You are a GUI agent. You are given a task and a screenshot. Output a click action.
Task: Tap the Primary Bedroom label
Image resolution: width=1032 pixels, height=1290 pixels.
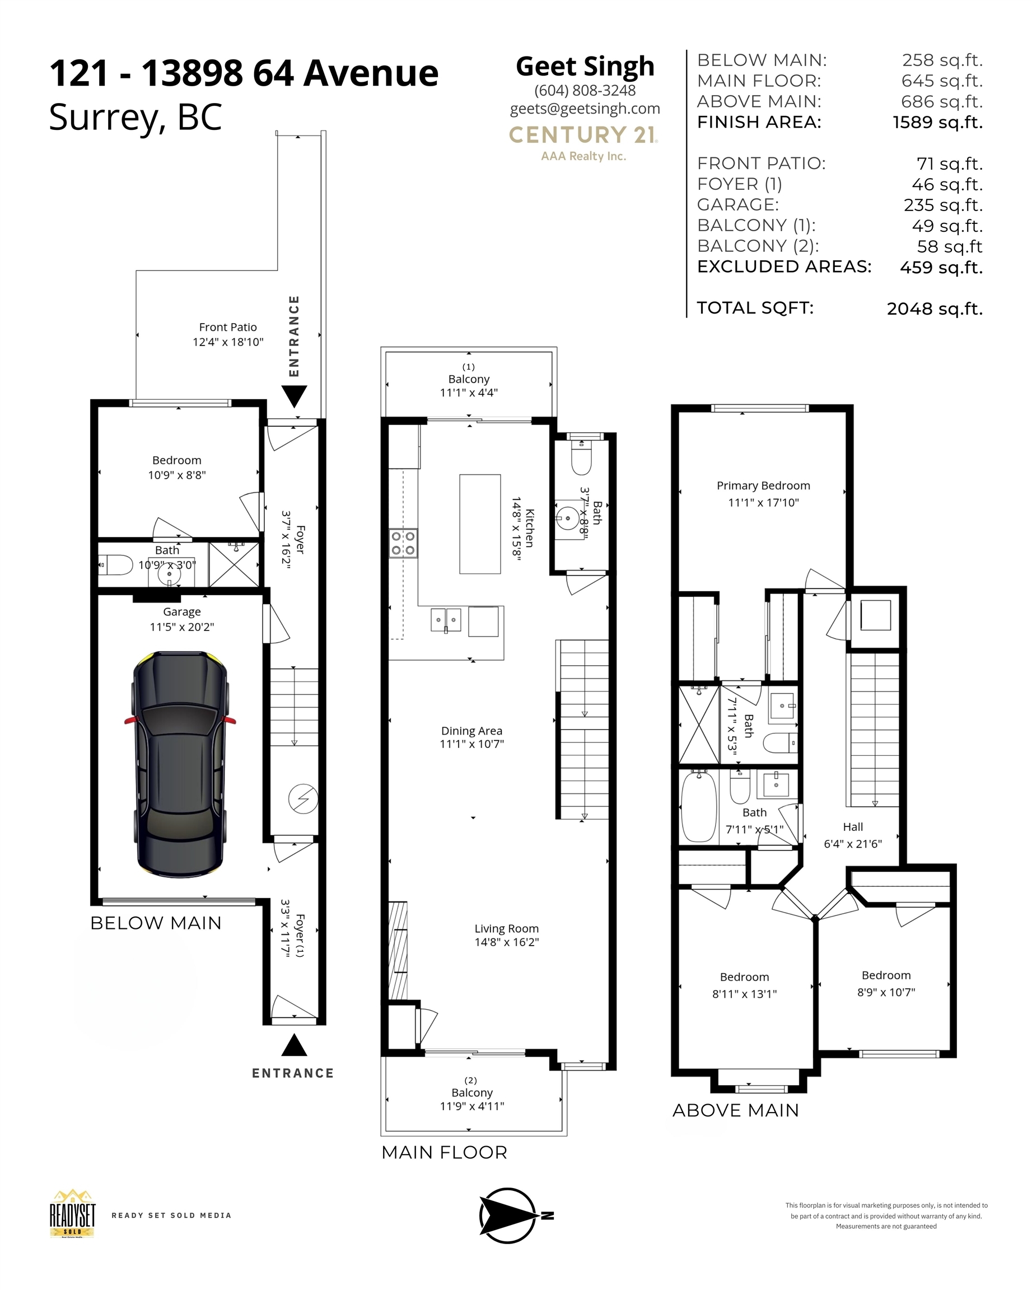[763, 486]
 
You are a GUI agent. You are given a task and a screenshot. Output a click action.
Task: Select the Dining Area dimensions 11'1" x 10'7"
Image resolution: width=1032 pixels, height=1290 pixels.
[471, 744]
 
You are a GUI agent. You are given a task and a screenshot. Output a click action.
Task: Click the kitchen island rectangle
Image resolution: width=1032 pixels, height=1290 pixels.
[480, 524]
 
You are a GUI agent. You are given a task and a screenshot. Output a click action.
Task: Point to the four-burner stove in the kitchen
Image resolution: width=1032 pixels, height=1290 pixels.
[403, 543]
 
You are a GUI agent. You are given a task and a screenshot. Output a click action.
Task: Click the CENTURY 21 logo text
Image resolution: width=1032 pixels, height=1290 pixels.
[583, 135]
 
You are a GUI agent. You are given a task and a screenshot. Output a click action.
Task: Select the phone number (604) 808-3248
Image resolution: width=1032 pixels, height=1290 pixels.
[585, 90]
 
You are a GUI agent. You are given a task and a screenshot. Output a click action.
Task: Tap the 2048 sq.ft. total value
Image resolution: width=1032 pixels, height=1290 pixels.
[934, 309]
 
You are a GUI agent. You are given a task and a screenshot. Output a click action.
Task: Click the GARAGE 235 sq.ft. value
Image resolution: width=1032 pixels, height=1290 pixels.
[942, 205]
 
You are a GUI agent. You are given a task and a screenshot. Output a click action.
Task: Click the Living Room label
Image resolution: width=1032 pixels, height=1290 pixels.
[506, 929]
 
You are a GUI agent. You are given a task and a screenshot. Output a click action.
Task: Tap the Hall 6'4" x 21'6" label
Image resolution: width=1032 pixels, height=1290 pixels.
[852, 835]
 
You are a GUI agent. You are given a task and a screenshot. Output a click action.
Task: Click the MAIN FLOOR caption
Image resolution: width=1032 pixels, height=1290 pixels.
[444, 1152]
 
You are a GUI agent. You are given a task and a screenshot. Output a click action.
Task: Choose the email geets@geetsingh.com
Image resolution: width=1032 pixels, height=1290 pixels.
[585, 108]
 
